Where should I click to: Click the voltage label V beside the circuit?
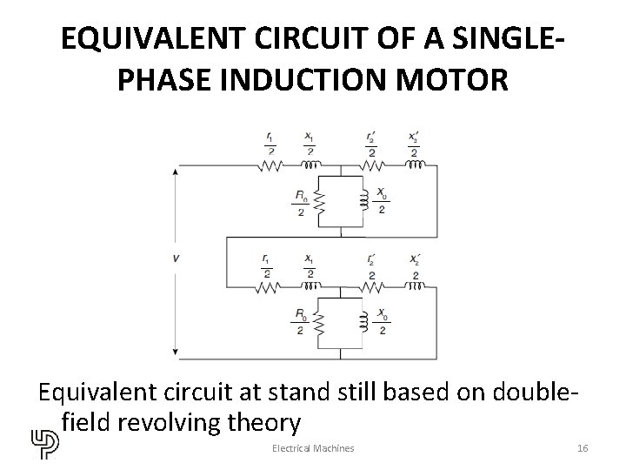click(177, 257)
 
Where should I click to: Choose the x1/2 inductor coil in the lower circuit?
click(310, 285)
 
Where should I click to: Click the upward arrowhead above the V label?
click(177, 172)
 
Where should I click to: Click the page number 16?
click(583, 447)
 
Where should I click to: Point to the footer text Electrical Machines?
click(312, 447)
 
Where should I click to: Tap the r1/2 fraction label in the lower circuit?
click(265, 265)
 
